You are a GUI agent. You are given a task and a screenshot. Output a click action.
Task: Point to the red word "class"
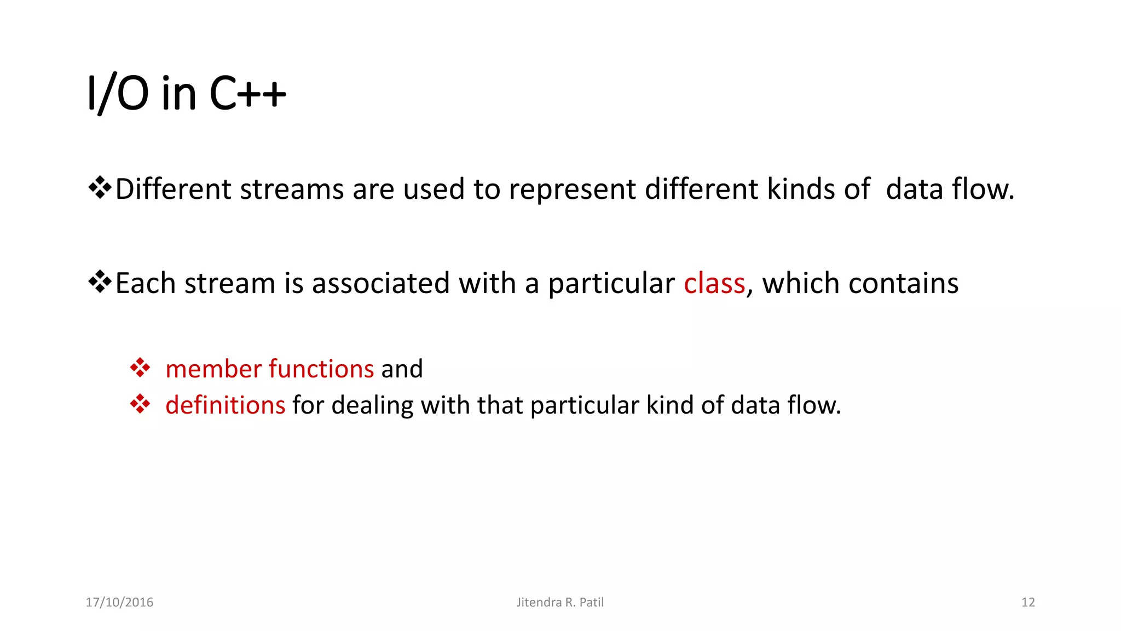pos(714,284)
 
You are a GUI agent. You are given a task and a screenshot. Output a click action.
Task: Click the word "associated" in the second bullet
pos(382,284)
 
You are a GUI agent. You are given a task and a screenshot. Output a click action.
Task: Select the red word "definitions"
pos(225,405)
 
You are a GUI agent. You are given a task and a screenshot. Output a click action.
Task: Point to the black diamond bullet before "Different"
pos(100,188)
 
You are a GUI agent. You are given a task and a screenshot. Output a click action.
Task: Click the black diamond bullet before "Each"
pos(100,282)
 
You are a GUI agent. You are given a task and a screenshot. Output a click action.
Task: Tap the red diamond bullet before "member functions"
pos(140,368)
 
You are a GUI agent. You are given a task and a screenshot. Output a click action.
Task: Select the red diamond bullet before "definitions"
pos(140,404)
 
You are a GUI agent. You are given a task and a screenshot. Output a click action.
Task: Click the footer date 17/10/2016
pos(119,603)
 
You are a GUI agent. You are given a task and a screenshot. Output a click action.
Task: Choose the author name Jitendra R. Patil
pos(560,603)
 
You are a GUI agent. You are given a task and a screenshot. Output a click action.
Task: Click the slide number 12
pos(1028,603)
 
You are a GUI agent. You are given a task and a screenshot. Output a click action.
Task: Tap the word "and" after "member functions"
pos(402,369)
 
